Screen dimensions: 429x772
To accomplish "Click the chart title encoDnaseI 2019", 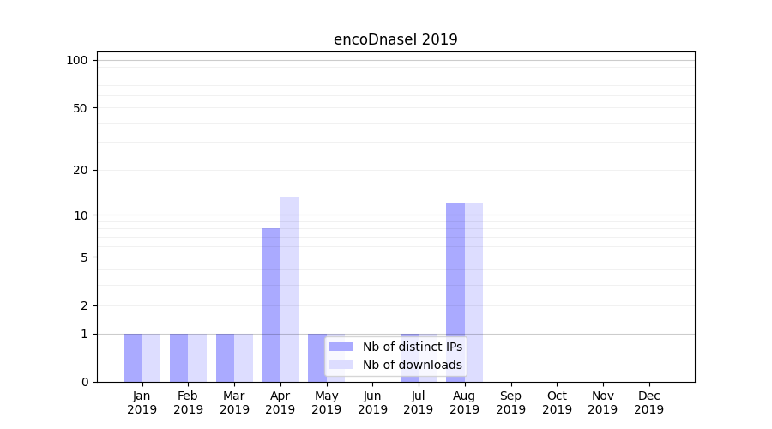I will tap(395, 39).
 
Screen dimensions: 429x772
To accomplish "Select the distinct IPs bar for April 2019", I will tap(271, 305).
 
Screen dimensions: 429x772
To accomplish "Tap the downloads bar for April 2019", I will tap(290, 289).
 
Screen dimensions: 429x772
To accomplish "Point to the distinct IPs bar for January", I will tap(133, 358).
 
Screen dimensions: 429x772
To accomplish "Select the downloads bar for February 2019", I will tap(197, 358).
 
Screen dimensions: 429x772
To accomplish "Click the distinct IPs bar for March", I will tap(225, 358).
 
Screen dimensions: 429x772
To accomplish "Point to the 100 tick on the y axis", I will tap(77, 60).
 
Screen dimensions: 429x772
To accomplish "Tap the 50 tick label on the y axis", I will tap(81, 108).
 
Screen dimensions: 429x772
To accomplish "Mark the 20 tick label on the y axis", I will tap(81, 170).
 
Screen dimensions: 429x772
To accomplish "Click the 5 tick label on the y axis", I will tap(84, 257).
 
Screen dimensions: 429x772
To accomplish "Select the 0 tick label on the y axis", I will tap(84, 382).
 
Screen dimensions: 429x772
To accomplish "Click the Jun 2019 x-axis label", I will tap(372, 402).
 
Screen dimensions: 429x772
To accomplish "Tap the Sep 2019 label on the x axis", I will tap(510, 402).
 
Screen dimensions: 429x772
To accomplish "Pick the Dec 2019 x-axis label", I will tap(648, 402).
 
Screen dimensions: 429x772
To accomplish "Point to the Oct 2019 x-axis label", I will tap(557, 402).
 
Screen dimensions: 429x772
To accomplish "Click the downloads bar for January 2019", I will tap(151, 358).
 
